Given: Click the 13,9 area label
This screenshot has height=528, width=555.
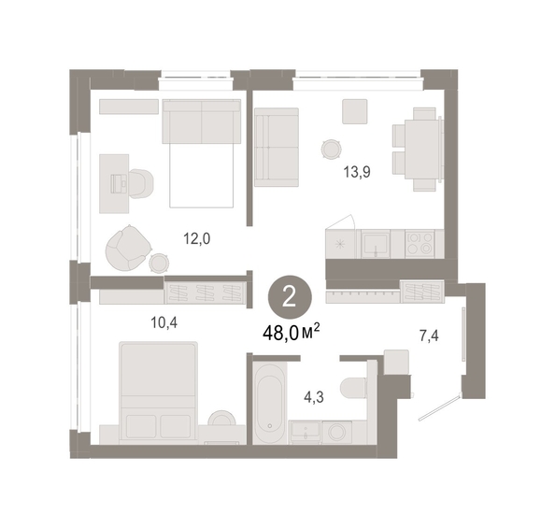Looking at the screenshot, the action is point(357,172).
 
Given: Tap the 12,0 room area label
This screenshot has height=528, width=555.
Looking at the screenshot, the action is point(196,238).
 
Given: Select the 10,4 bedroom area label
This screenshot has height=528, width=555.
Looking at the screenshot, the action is point(164,322).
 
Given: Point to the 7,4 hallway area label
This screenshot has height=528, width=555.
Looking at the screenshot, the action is point(429,335).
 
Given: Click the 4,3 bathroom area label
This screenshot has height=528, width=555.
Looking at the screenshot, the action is point(314,397).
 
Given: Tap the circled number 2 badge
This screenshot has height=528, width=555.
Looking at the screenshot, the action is point(290,298).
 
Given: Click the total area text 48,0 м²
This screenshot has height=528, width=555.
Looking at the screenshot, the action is point(292,333).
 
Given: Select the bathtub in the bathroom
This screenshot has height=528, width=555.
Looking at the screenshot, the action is point(270,403).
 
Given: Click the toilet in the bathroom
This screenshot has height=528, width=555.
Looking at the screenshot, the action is point(353,387).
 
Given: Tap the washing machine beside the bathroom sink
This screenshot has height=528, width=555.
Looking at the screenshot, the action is point(337,432).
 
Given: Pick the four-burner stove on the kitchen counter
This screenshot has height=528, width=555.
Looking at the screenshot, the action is point(420,243).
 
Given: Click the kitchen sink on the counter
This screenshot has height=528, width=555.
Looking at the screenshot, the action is point(376,244).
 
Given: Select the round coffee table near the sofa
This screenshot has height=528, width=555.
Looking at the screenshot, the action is point(332,150).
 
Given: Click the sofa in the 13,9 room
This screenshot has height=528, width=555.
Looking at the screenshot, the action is point(277,147).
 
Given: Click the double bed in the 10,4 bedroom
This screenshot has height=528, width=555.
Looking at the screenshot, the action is point(158,392).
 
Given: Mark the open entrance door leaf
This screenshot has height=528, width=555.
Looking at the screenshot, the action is point(440,407).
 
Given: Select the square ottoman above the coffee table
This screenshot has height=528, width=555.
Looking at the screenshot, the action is point(355,111).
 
